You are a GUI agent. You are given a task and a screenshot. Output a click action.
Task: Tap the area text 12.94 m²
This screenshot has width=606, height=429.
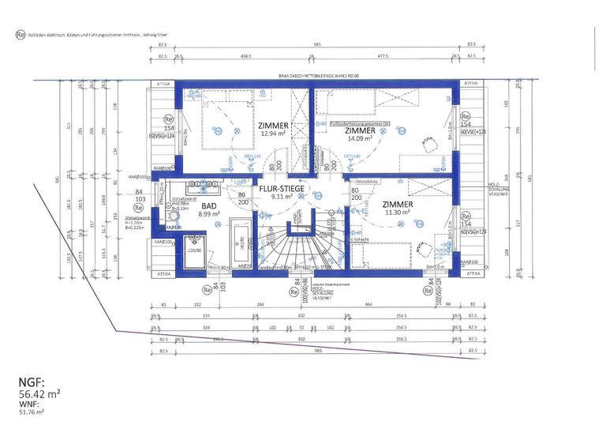click(x=273, y=134)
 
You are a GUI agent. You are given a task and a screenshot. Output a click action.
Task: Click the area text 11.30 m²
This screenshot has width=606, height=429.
click(x=397, y=212)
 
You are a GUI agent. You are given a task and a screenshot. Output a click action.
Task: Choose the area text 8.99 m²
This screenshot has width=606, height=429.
click(x=208, y=214)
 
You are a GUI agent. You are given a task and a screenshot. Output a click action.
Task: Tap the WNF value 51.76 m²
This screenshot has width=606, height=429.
click(x=31, y=411)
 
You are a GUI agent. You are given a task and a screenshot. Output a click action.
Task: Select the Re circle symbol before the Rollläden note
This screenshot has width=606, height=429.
click(x=20, y=35)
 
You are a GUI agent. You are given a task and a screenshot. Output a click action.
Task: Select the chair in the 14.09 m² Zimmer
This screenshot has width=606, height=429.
click(x=431, y=145)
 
